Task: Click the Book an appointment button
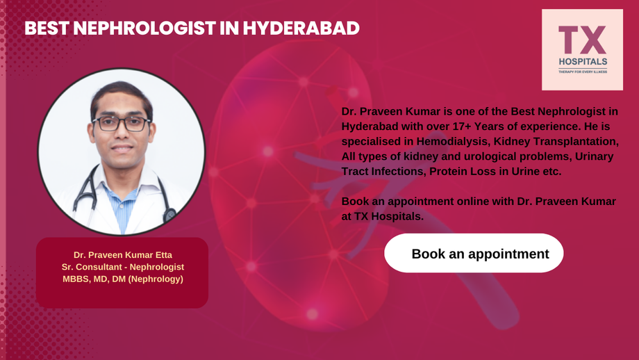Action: point(480,254)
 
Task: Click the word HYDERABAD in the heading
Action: point(304,28)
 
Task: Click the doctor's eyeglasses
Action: point(121,124)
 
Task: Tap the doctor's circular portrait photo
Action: point(121,153)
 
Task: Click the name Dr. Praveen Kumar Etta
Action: point(122,254)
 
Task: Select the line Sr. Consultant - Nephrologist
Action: point(122,267)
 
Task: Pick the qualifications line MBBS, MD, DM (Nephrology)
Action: point(122,279)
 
